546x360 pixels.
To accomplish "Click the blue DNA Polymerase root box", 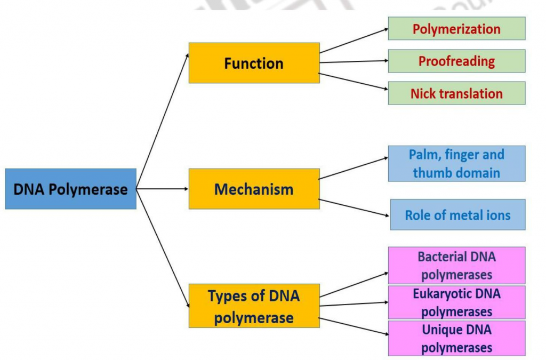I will pyautogui.click(x=70, y=189).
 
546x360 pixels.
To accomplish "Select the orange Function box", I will pyautogui.click(x=254, y=63).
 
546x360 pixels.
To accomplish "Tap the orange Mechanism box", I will pyautogui.click(x=254, y=189).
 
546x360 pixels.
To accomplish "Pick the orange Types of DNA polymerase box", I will pyautogui.click(x=254, y=306).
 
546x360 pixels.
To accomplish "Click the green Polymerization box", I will pyautogui.click(x=456, y=28).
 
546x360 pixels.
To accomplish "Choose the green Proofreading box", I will pyautogui.click(x=456, y=61).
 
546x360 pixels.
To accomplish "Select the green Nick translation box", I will pyautogui.click(x=456, y=93).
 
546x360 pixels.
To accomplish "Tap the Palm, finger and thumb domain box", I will pyautogui.click(x=456, y=163).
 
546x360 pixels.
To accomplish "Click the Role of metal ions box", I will pyautogui.click(x=457, y=215).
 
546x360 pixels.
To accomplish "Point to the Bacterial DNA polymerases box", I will pyautogui.click(x=456, y=265).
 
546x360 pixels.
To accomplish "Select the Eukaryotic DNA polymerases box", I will pyautogui.click(x=456, y=302).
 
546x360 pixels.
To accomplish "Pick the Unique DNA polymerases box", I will pyautogui.click(x=456, y=338).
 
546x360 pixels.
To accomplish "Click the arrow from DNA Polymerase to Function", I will pyautogui.click(x=163, y=121).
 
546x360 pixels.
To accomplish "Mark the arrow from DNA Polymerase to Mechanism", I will pyautogui.click(x=163, y=189).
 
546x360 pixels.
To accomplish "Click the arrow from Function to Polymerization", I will pyautogui.click(x=354, y=41).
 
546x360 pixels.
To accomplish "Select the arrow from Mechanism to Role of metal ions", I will pyautogui.click(x=354, y=207).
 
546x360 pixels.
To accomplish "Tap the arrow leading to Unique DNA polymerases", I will pyautogui.click(x=354, y=326).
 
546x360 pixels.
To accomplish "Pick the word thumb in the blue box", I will pyautogui.click(x=430, y=172).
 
